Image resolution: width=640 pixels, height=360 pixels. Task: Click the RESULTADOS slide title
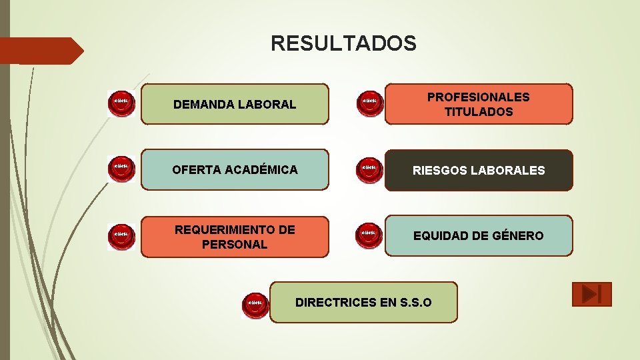(x=343, y=44)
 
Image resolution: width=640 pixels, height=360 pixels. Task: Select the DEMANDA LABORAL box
(x=235, y=104)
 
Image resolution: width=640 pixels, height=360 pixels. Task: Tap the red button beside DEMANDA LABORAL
(x=121, y=103)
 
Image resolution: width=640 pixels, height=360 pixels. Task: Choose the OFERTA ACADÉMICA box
(x=235, y=170)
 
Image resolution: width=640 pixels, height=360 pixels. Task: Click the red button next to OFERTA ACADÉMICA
(x=121, y=169)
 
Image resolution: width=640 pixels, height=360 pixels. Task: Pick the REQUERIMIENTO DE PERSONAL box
(x=235, y=237)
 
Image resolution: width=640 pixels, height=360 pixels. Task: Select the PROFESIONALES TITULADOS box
(x=479, y=104)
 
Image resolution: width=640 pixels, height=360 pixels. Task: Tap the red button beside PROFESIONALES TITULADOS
(x=369, y=103)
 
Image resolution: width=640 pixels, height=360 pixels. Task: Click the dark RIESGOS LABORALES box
(x=479, y=170)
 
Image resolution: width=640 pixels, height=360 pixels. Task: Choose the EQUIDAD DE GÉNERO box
(x=479, y=235)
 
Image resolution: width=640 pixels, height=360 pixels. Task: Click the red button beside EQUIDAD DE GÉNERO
(x=369, y=235)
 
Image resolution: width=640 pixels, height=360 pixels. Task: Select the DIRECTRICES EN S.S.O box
(x=364, y=302)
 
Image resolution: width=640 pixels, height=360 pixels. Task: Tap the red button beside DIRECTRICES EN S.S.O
(x=255, y=305)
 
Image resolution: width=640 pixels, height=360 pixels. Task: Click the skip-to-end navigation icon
(x=591, y=294)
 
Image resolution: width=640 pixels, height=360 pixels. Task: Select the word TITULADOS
(x=479, y=112)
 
